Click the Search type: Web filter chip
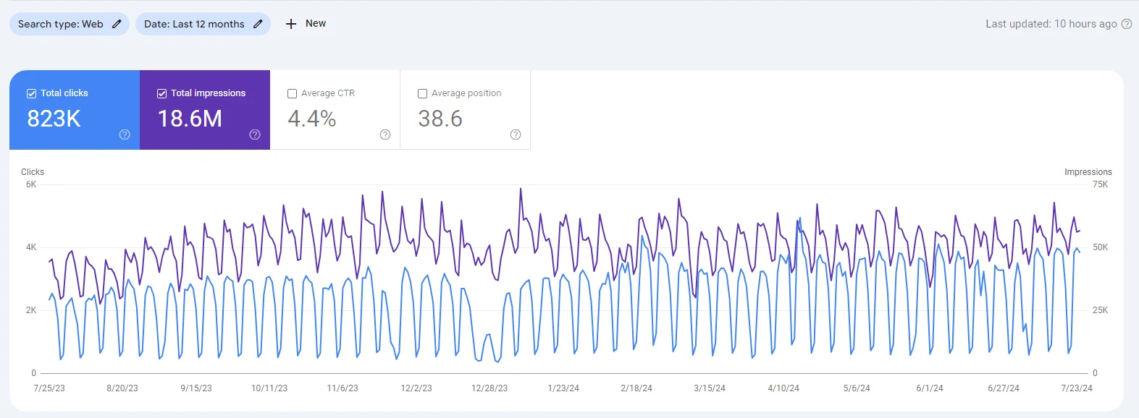pyautogui.click(x=69, y=24)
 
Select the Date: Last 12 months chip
pyautogui.click(x=203, y=24)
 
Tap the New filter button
pyautogui.click(x=306, y=24)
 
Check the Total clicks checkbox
pyautogui.click(x=32, y=93)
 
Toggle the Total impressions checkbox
pyautogui.click(x=162, y=93)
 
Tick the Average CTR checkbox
pyautogui.click(x=293, y=93)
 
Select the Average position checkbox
pyautogui.click(x=423, y=93)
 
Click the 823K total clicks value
pyautogui.click(x=54, y=119)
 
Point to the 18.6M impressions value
pyautogui.click(x=190, y=119)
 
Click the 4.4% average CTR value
pyautogui.click(x=312, y=119)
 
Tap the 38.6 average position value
pyautogui.click(x=440, y=119)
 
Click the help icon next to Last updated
pyautogui.click(x=1127, y=24)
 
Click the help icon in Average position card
pyautogui.click(x=516, y=135)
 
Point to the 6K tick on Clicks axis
pyautogui.click(x=31, y=184)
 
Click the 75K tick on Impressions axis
pyautogui.click(x=1100, y=184)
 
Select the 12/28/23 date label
pyautogui.click(x=489, y=388)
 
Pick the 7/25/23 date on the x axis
pyautogui.click(x=49, y=388)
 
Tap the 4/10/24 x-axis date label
pyautogui.click(x=783, y=388)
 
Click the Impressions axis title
pyautogui.click(x=1088, y=172)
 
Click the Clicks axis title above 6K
pyautogui.click(x=33, y=172)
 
